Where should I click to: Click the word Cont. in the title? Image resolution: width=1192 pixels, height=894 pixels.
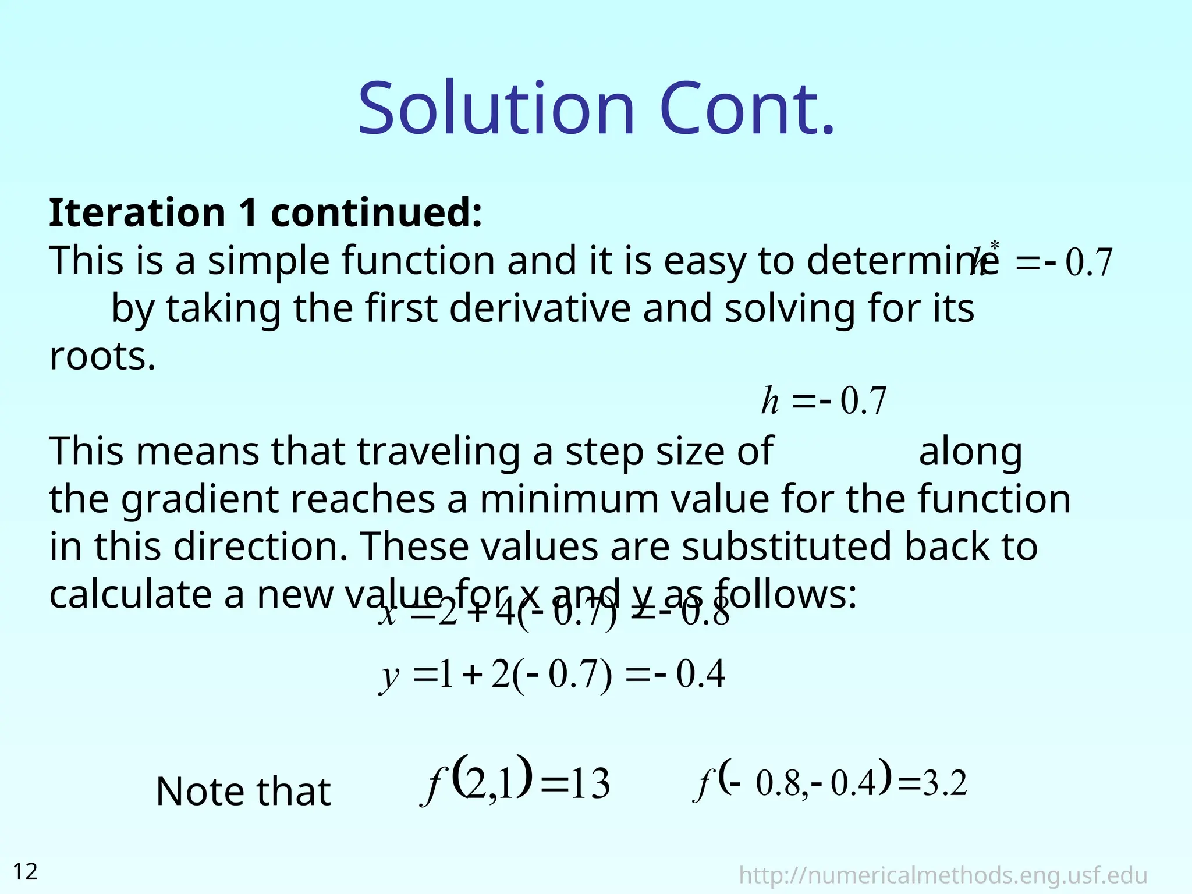[x=747, y=109]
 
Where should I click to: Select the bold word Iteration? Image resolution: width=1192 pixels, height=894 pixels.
[x=137, y=212]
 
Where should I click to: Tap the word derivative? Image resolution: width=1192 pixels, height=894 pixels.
[x=540, y=308]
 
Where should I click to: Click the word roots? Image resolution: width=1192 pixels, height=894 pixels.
[x=102, y=356]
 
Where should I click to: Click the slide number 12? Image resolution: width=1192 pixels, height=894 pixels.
[x=25, y=872]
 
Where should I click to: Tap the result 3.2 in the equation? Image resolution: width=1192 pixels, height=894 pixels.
[x=945, y=783]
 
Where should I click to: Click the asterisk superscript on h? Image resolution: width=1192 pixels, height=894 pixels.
[x=995, y=245]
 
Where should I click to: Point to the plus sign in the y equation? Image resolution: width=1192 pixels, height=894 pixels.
[x=474, y=675]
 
